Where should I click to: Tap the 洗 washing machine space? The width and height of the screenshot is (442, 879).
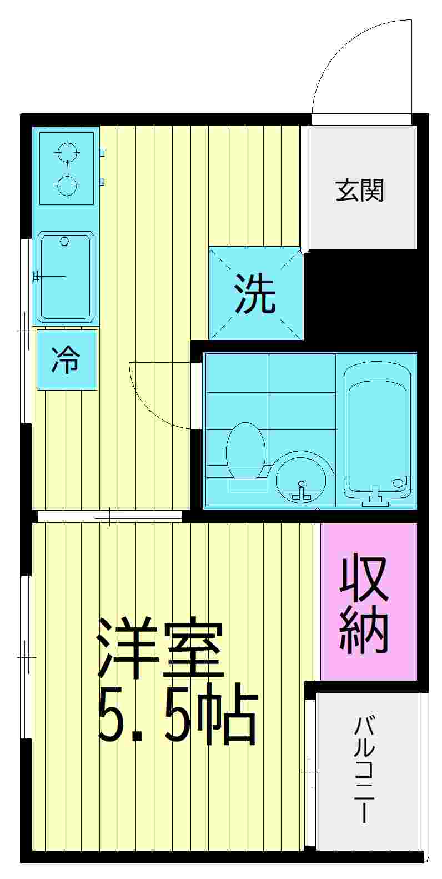(255, 293)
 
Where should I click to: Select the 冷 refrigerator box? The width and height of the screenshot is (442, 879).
(66, 359)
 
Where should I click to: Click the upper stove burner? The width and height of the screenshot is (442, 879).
(67, 151)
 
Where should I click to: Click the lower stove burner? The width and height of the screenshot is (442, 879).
(67, 186)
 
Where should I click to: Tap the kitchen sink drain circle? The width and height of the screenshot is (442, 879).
(64, 241)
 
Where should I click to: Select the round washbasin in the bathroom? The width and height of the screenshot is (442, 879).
(300, 482)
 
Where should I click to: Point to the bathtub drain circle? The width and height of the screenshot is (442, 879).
(399, 483)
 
